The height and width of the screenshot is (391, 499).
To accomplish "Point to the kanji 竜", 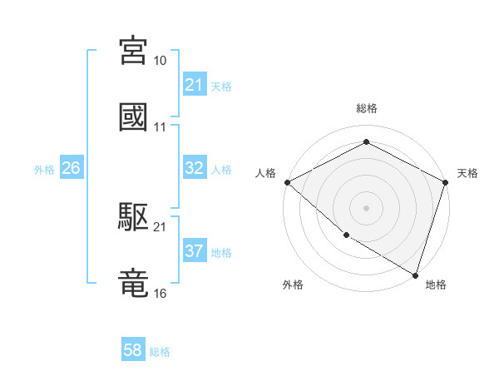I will point(134,283).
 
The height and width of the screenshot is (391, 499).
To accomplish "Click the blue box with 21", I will point(194,85).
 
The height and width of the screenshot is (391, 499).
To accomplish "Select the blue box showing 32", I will point(194,168).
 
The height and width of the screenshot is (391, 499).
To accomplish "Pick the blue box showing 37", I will point(194,251).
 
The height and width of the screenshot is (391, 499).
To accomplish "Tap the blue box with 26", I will point(71,168).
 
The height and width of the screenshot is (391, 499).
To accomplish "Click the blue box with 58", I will point(133,350).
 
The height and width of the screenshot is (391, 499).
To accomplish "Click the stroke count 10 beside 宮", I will point(161,61).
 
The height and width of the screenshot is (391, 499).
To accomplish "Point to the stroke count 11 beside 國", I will point(161,127).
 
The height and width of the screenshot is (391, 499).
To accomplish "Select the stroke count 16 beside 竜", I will point(161,294).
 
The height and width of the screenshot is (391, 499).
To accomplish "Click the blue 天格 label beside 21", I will point(221,86).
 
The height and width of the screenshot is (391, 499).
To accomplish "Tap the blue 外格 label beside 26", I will point(44,169).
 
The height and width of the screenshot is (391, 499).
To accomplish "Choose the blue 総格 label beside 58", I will point(160,351).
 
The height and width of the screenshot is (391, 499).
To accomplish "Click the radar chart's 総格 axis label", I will point(367,108).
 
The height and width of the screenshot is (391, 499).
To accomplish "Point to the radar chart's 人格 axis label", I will point(266,173).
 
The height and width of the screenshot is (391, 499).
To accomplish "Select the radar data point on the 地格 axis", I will point(416,275).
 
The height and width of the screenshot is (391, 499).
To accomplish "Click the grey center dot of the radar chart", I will point(366,207).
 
